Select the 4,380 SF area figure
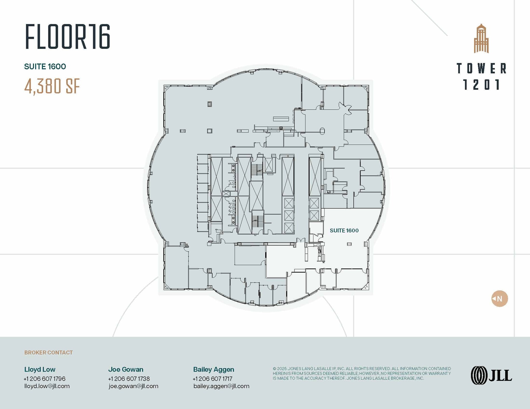(52, 86)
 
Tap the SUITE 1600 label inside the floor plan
(344, 230)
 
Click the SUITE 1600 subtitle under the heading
(45, 67)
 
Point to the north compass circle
(499, 299)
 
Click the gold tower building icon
(481, 38)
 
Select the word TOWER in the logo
(482, 68)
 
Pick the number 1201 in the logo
(482, 85)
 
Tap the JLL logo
(491, 375)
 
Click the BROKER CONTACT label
(49, 353)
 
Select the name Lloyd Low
(40, 369)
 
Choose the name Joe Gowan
(126, 369)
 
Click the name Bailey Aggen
(214, 370)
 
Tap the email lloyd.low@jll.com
(47, 386)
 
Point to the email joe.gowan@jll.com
(134, 386)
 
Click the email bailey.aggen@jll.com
(222, 386)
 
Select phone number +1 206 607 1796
(45, 379)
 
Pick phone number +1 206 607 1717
(213, 379)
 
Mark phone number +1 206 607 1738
(129, 379)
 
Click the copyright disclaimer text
(362, 373)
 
